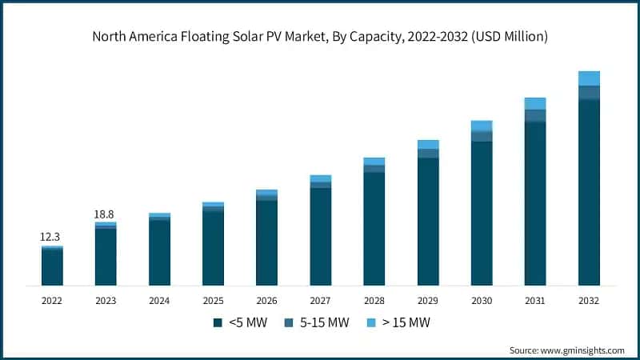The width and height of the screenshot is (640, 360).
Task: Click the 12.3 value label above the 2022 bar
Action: tap(52, 238)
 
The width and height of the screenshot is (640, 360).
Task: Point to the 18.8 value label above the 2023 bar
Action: tap(106, 214)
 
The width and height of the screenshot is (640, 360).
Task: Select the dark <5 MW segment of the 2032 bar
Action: tap(589, 192)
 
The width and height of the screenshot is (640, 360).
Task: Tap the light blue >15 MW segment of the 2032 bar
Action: tap(589, 78)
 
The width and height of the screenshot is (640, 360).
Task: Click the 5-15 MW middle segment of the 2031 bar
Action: tap(535, 115)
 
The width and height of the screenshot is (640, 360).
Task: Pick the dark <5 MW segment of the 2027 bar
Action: tap(320, 237)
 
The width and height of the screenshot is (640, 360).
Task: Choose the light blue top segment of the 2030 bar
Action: tap(482, 126)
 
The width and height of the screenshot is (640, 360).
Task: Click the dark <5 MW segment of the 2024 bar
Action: tap(159, 252)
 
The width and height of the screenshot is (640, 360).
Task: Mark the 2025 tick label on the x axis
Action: tap(213, 301)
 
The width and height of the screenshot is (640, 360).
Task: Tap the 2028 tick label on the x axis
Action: tap(374, 301)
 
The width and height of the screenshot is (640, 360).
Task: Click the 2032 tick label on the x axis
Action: tap(589, 301)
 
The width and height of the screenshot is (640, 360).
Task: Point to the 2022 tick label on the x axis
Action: tap(52, 301)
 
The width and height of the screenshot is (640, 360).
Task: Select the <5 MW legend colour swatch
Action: tap(217, 323)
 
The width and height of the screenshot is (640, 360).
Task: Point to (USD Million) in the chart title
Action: tap(508, 36)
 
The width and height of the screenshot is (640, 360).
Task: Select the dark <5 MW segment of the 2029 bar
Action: tap(428, 222)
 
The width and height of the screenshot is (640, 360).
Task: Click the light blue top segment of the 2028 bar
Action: tap(374, 161)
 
